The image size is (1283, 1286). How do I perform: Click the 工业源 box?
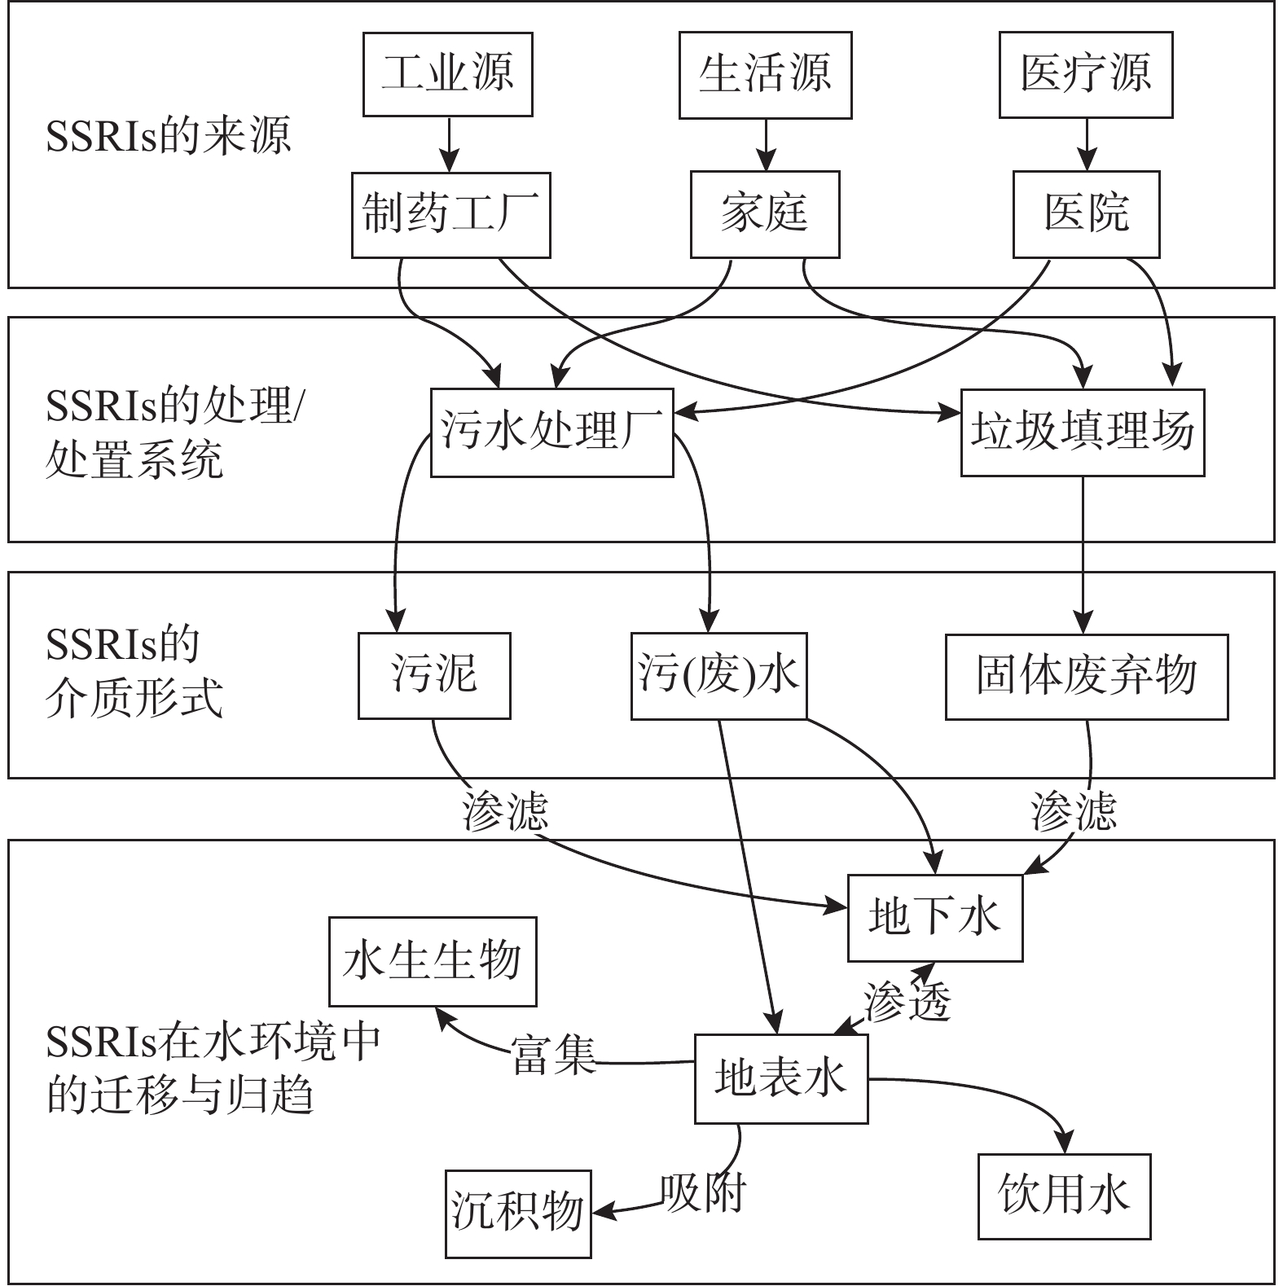(447, 74)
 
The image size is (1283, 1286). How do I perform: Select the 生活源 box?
(765, 74)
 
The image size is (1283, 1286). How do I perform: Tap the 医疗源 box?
(1085, 74)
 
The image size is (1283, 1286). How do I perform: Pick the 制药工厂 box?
(450, 215)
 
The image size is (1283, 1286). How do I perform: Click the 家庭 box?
(764, 215)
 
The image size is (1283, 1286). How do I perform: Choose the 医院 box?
(1086, 215)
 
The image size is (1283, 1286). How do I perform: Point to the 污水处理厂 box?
(551, 432)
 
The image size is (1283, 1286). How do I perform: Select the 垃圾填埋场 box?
(1082, 432)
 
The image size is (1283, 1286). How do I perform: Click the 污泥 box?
(434, 676)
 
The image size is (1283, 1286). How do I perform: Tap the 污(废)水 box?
(718, 676)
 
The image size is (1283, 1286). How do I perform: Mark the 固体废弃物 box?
(1086, 676)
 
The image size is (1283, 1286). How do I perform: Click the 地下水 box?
(934, 918)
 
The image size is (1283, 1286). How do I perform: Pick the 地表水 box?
(780, 1078)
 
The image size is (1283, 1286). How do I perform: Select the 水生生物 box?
(433, 961)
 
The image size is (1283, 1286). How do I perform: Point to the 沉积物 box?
(518, 1213)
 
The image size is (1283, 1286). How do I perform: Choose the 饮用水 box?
(1064, 1196)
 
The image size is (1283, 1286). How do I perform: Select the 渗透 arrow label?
(907, 1001)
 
